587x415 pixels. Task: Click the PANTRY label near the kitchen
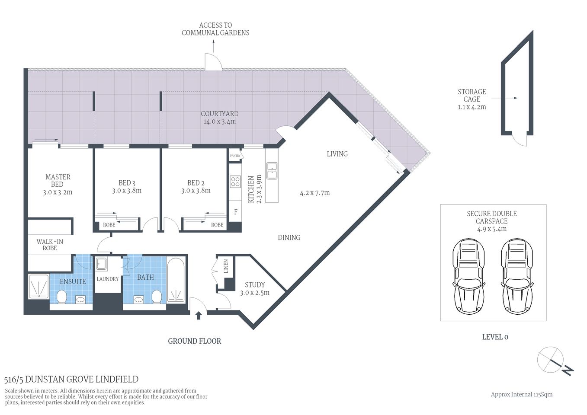point(235,156)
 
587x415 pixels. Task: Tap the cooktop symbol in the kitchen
point(235,182)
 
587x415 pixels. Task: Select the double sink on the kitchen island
point(272,170)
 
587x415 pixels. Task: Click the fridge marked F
point(235,212)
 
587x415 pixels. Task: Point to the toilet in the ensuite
point(61,297)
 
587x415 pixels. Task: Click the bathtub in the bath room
point(176,281)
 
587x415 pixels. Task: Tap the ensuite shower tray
point(38,286)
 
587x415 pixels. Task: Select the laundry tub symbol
point(102,263)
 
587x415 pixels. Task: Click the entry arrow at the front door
point(199,315)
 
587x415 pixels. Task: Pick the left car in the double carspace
point(468,276)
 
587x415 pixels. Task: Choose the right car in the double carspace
point(516,276)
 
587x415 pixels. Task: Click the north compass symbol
point(554,361)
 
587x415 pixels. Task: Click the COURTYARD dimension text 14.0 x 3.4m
point(220,122)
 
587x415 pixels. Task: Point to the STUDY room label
point(255,285)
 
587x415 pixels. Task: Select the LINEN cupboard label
point(225,266)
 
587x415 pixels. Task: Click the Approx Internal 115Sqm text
point(521,394)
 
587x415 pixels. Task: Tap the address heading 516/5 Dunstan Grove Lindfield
point(71,380)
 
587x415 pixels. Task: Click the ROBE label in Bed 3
point(109,225)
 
